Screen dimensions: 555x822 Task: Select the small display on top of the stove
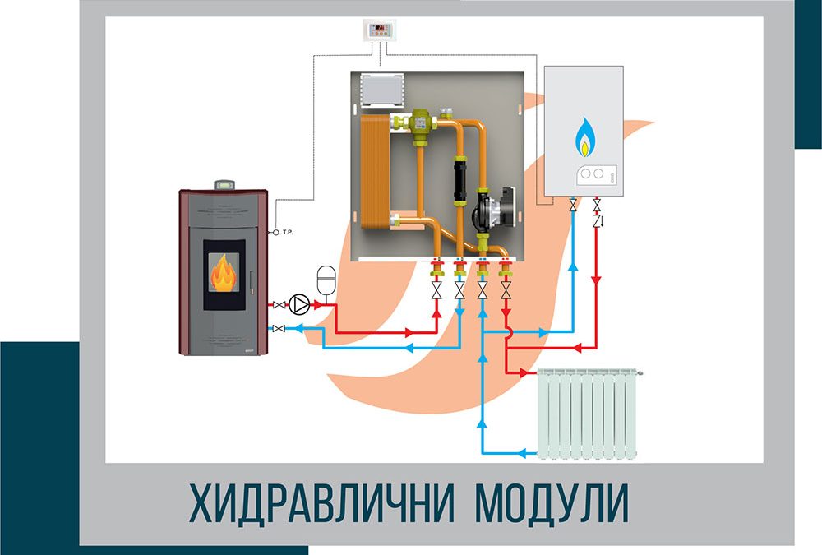click(x=224, y=186)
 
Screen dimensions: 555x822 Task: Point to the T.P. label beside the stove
click(x=289, y=233)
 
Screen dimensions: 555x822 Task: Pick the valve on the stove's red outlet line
click(x=280, y=304)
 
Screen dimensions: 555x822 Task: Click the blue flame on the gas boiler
click(x=585, y=138)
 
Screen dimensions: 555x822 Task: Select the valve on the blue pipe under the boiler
click(x=573, y=203)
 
